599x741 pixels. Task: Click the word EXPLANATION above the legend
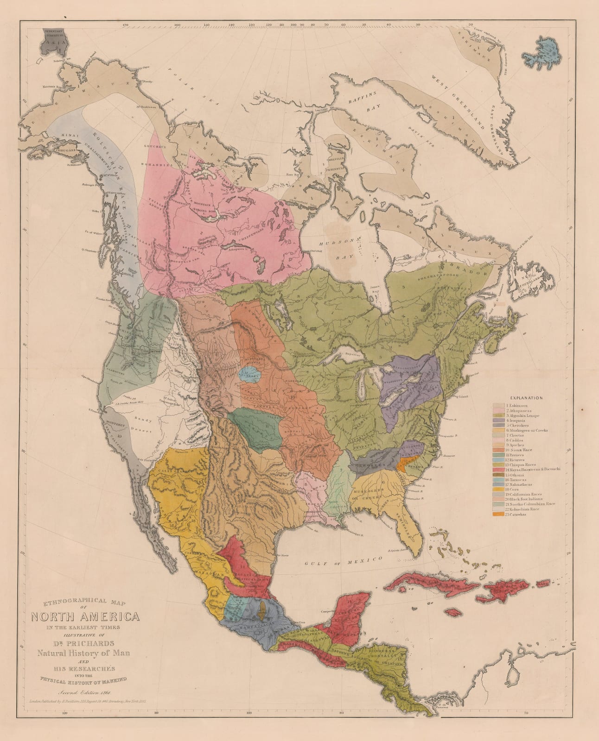click(x=526, y=397)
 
